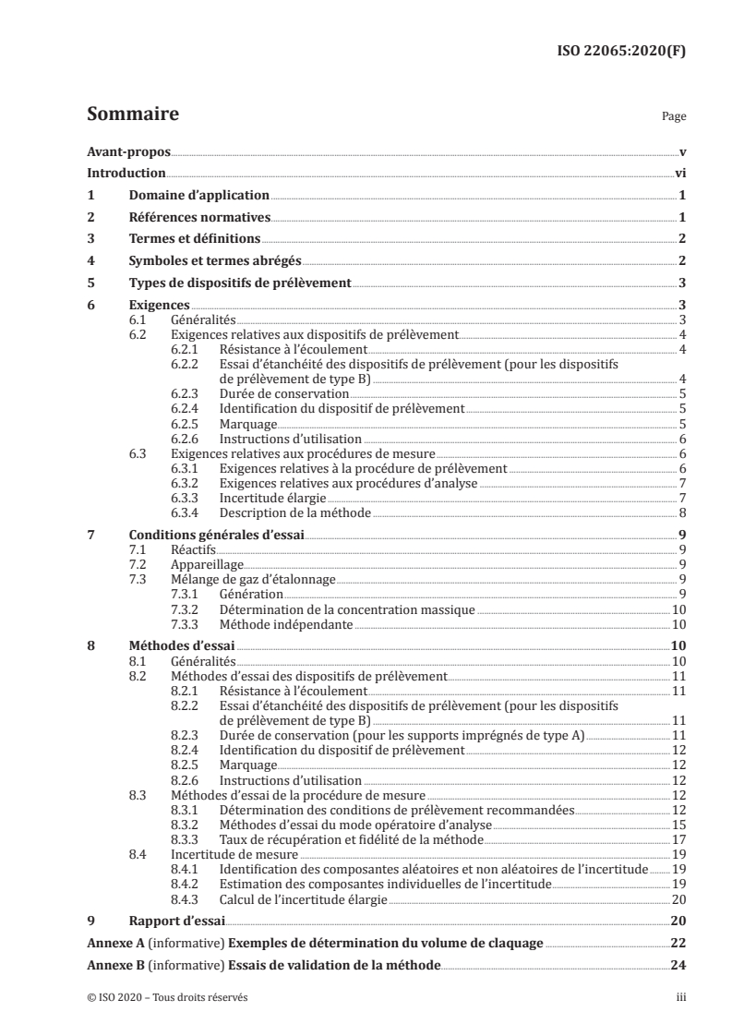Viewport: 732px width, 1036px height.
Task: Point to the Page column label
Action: pyautogui.click(x=674, y=118)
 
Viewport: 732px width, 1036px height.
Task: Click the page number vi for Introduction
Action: pyautogui.click(x=679, y=174)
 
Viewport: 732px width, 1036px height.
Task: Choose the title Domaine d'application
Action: pyautogui.click(x=199, y=196)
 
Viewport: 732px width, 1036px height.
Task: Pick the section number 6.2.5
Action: pyautogui.click(x=186, y=424)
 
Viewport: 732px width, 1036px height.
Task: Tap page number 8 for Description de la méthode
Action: pyautogui.click(x=681, y=512)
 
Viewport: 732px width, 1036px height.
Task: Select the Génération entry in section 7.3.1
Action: pyautogui.click(x=251, y=594)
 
